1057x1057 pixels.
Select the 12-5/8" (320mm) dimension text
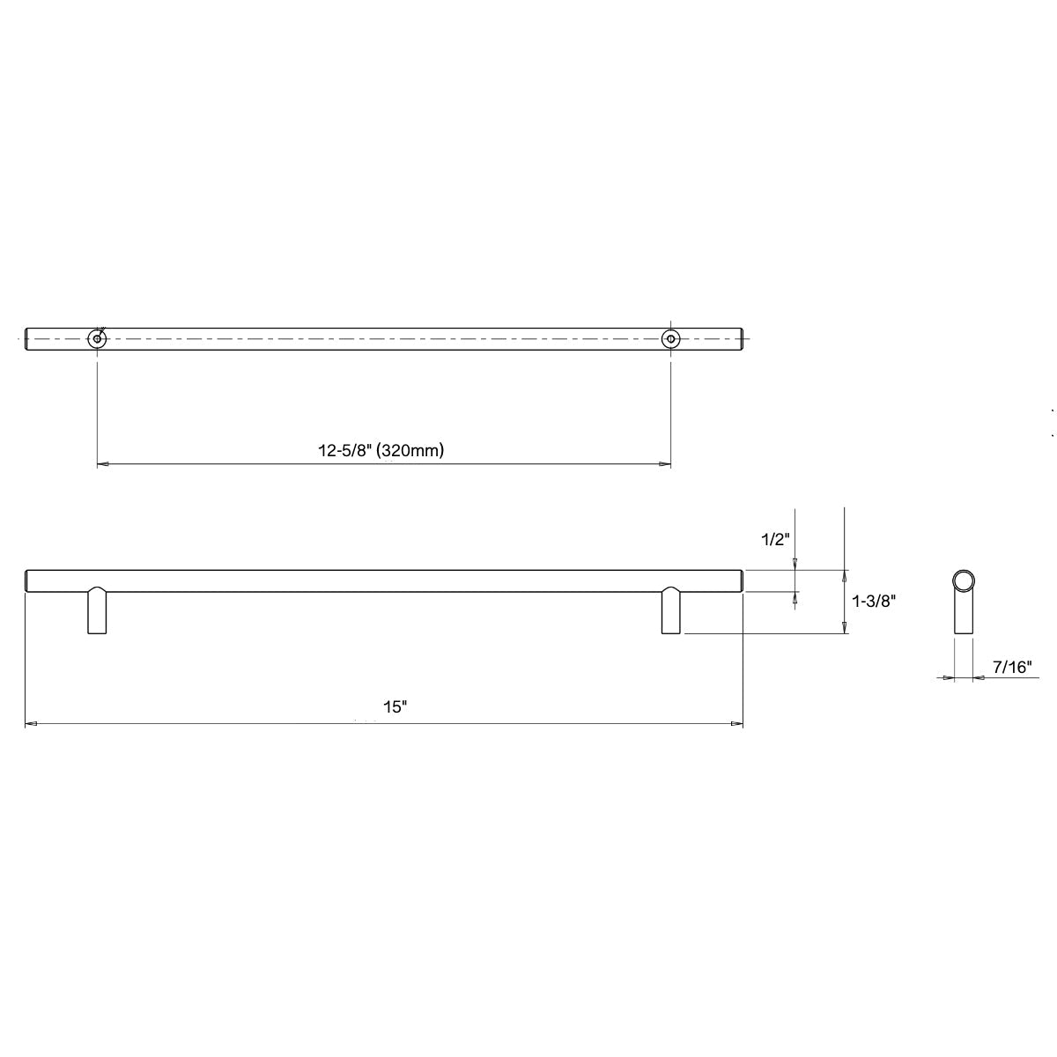click(x=381, y=450)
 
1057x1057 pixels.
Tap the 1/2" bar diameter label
click(x=776, y=540)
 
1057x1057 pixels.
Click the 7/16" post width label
click(x=1011, y=667)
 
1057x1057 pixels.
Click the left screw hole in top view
click(x=97, y=338)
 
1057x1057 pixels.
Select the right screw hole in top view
click(x=671, y=338)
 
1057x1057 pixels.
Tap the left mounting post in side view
click(x=97, y=610)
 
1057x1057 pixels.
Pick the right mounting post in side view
click(x=671, y=610)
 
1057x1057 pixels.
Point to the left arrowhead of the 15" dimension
click(x=30, y=724)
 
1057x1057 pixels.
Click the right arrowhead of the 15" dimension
click(x=737, y=724)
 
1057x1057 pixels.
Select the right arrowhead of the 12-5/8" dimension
click(x=666, y=463)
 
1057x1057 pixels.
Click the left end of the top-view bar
click(x=27, y=338)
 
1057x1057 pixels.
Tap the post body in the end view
click(x=963, y=613)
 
